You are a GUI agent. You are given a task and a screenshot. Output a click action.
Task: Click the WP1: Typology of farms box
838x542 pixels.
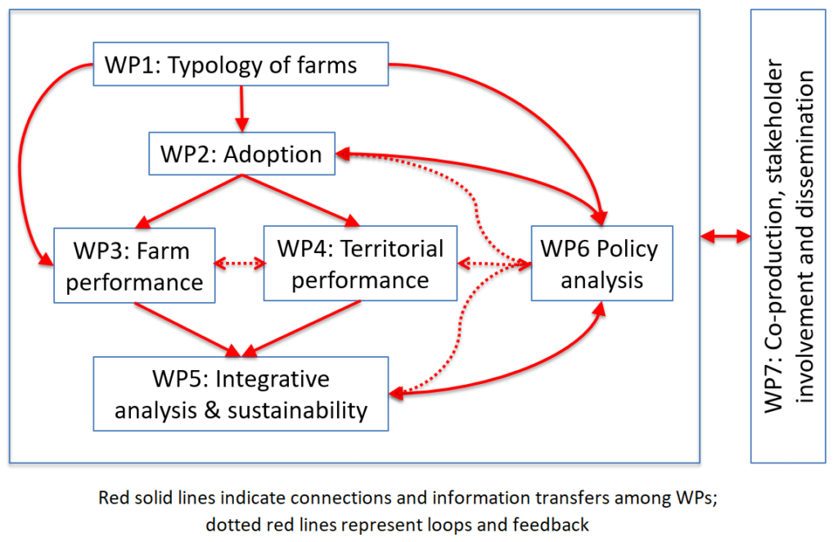(241, 64)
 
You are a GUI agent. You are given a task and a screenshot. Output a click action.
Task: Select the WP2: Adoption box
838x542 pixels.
(241, 153)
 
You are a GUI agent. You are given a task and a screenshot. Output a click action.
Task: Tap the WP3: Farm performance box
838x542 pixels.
(134, 265)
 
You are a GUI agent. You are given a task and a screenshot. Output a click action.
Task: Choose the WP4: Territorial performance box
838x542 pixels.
(360, 263)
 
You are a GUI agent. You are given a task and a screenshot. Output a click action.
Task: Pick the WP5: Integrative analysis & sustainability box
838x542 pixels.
(241, 394)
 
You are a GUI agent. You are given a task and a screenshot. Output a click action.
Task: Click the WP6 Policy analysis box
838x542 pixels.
(601, 263)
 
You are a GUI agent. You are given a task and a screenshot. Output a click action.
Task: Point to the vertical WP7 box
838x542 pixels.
(788, 236)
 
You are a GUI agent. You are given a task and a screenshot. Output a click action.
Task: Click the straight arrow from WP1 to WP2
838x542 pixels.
(241, 109)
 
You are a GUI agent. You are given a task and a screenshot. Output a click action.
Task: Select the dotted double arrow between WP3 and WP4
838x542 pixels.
(240, 263)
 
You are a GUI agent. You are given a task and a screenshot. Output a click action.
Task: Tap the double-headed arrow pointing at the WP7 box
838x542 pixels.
(725, 236)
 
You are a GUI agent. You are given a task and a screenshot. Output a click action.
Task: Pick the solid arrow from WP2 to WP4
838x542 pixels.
(301, 201)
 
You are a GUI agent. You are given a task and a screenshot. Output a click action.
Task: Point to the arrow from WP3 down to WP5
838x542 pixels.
(188, 329)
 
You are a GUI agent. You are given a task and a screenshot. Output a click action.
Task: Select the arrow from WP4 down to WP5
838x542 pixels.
(302, 328)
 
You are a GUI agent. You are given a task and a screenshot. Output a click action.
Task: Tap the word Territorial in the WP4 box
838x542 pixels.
(392, 249)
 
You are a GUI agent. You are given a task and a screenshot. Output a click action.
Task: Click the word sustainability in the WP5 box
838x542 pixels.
(298, 410)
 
